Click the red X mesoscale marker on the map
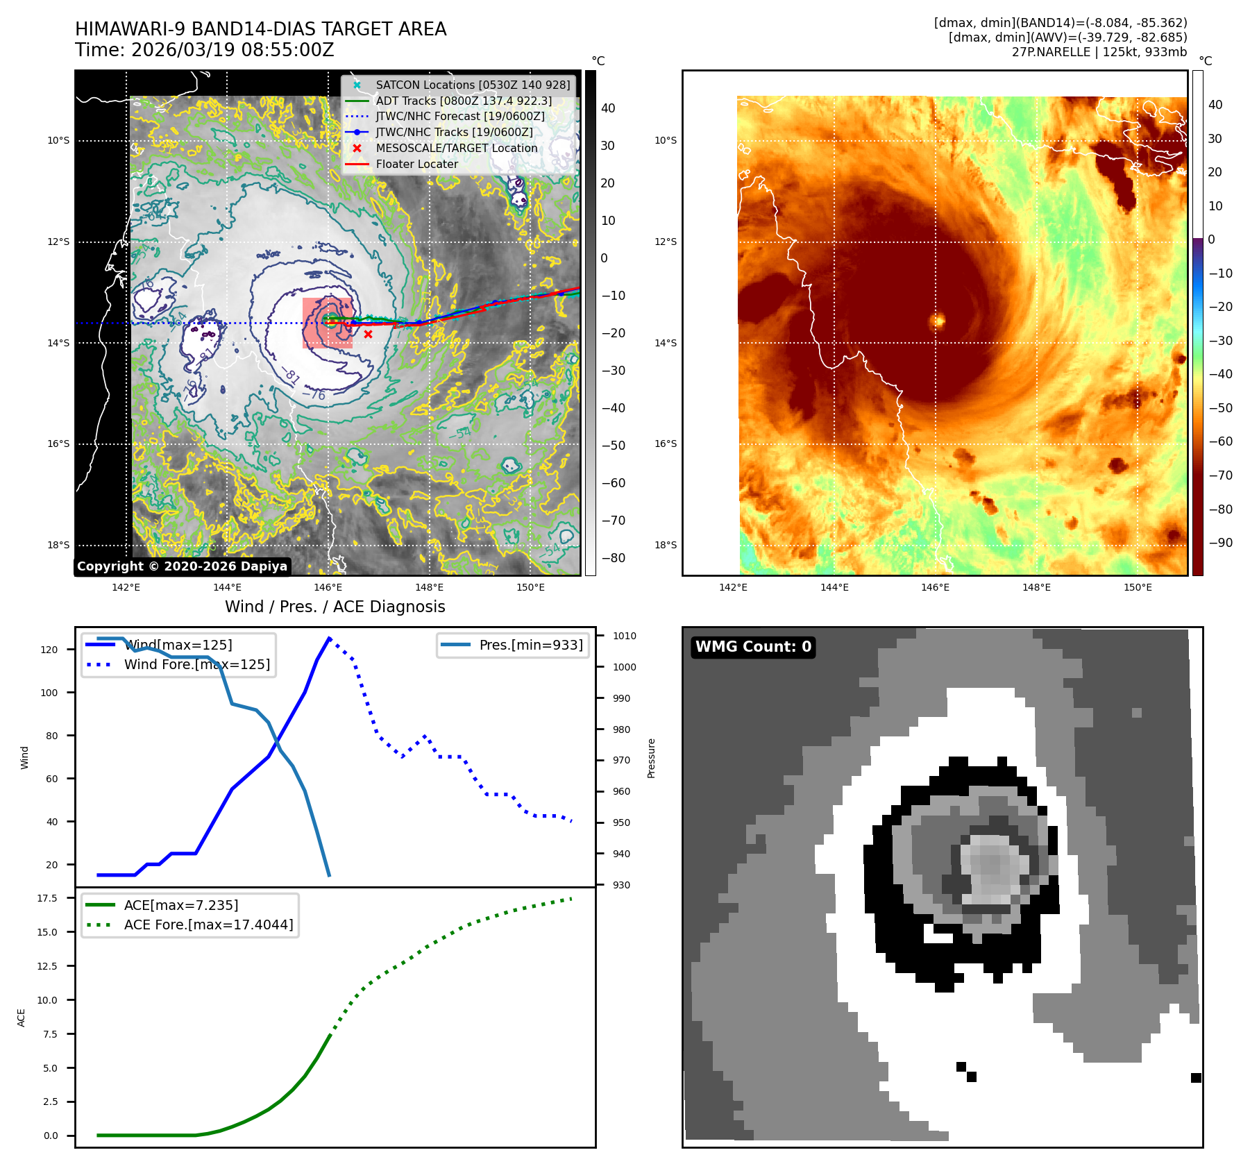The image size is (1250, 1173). tap(368, 335)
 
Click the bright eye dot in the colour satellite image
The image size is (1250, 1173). tap(938, 320)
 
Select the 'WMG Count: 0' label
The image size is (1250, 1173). tap(753, 647)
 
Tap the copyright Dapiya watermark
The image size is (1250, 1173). tap(182, 566)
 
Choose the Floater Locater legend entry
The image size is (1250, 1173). tap(416, 164)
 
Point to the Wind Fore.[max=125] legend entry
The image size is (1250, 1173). tap(196, 664)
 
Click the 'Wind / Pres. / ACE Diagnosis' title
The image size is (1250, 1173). tap(335, 607)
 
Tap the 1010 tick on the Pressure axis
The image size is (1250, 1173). tap(624, 636)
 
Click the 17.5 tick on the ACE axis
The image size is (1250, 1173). tap(47, 898)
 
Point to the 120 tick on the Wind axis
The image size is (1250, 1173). tap(49, 650)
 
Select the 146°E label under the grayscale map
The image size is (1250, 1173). tap(328, 588)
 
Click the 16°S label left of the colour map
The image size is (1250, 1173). tap(665, 444)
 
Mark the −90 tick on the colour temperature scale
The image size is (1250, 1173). tap(1220, 543)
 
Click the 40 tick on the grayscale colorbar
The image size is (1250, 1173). tap(608, 108)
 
